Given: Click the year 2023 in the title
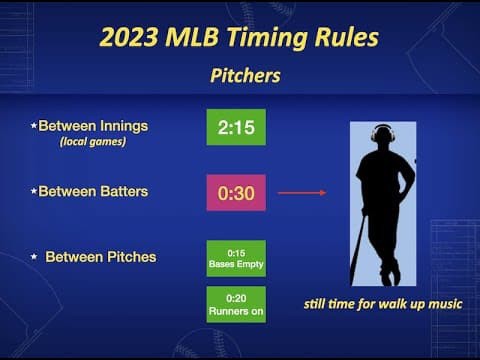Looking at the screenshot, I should (131, 38).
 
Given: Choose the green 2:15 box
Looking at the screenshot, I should (236, 127).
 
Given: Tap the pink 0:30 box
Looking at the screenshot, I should (236, 192).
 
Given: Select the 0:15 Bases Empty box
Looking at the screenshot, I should (236, 258).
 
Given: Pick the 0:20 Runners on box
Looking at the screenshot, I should (236, 304).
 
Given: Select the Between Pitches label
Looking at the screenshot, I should (100, 257).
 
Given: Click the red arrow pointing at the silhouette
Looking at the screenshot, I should (301, 192).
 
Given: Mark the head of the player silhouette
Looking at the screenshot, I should (382, 136).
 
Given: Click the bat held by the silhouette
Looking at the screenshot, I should (357, 250).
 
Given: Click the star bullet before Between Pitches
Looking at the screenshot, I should (34, 258).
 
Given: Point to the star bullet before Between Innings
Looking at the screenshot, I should (33, 126).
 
